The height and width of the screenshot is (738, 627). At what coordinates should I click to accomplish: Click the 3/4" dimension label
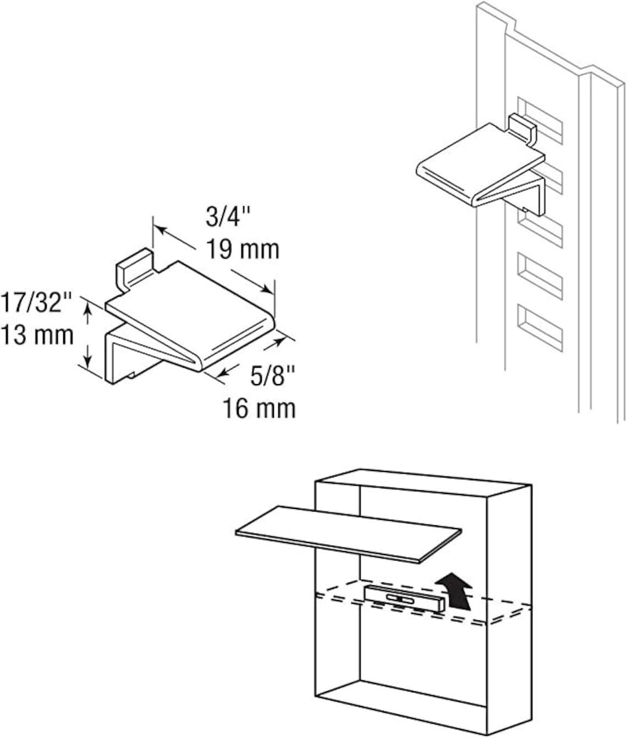pyautogui.click(x=228, y=217)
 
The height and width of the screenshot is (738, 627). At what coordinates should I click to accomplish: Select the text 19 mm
pyautogui.click(x=243, y=249)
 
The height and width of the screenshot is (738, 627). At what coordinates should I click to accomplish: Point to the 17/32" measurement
pyautogui.click(x=36, y=303)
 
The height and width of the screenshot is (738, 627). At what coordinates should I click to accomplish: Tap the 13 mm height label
pyautogui.click(x=37, y=335)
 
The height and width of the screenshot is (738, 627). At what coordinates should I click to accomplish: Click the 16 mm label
pyautogui.click(x=258, y=408)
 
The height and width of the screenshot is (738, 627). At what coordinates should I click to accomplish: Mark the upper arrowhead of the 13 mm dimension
pyautogui.click(x=86, y=308)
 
